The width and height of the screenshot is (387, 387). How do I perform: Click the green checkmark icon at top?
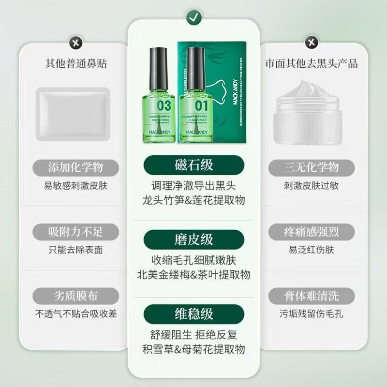pos(193,18)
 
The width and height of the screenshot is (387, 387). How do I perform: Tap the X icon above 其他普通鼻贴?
pos(75,43)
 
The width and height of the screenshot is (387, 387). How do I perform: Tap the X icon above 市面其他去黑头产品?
pos(312,43)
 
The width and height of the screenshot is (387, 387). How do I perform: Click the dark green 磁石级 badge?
pos(193,165)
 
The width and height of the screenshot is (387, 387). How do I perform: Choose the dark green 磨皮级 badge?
pos(193,239)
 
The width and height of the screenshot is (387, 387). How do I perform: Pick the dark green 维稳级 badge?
pos(193,313)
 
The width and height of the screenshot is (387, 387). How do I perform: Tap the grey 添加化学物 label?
pos(75,168)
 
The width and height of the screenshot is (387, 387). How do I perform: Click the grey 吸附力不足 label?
pos(75,232)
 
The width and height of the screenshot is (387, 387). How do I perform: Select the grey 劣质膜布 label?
pos(75,296)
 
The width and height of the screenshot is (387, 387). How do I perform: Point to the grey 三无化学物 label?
pos(312,168)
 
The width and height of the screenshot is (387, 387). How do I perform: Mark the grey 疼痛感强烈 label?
pos(312,232)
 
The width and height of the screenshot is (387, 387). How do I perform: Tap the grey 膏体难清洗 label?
pos(312,296)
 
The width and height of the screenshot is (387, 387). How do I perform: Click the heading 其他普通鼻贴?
pos(75,64)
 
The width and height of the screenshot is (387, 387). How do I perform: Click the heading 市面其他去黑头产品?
pos(312,64)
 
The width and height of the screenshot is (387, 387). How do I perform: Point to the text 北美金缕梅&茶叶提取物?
pos(193,275)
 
